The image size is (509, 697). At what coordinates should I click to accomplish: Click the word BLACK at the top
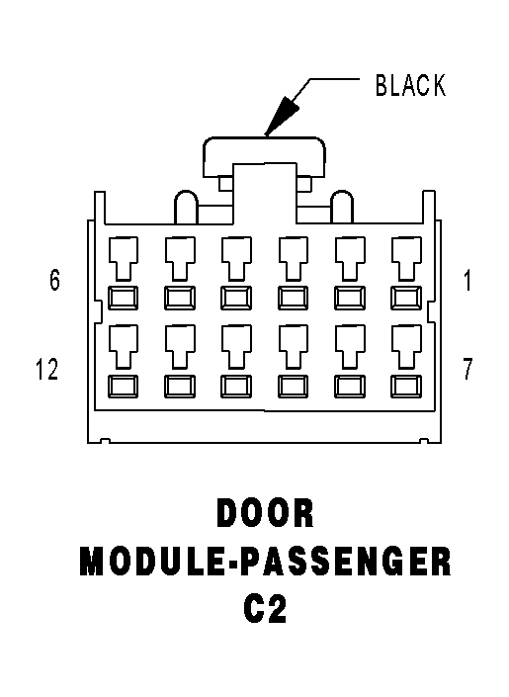pos(410,85)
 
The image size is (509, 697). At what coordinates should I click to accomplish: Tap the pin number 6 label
pos(54,280)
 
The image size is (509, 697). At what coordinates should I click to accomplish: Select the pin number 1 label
pos(467,281)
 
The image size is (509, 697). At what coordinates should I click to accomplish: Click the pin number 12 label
pos(47,369)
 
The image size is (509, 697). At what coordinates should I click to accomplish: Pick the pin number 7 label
pos(467,369)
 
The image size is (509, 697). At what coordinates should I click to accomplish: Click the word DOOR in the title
pos(266,513)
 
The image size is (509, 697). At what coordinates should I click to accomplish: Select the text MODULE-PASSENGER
pos(266,562)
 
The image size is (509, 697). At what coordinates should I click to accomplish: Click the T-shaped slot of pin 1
pos(406,258)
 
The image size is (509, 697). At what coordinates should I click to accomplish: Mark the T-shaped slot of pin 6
pos(124,258)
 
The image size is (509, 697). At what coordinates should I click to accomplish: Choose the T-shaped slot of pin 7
pos(406,346)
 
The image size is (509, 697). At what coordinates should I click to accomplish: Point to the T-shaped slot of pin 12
pos(124,346)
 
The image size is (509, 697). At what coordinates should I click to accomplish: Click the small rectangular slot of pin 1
pos(406,298)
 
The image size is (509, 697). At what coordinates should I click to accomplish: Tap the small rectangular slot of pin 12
pos(124,386)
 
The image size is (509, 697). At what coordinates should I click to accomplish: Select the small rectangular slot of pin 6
pos(124,298)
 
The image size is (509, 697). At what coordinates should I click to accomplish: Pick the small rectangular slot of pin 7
pos(406,386)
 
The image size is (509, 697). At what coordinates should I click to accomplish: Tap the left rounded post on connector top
pos(186,208)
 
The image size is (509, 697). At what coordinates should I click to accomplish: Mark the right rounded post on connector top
pos(342,208)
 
